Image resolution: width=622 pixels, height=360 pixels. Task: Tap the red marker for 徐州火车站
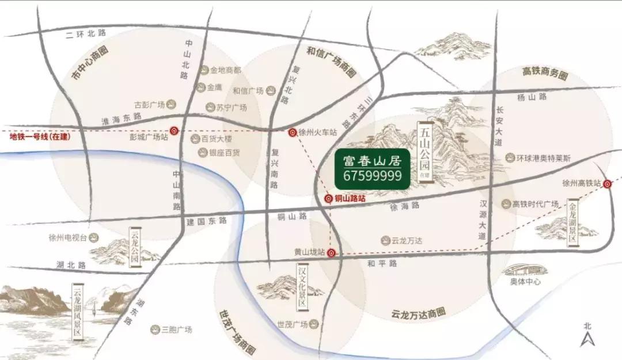pos(293,132)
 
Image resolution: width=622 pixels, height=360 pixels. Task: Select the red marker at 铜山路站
pos(328,199)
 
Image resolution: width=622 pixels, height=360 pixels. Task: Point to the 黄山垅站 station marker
pos(331,253)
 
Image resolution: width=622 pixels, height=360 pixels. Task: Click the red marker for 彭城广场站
pos(174,130)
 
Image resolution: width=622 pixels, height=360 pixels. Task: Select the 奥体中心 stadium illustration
pos(524,270)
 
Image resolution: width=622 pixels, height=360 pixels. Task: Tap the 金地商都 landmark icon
pos(205,70)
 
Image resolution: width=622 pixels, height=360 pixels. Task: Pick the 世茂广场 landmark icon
pos(314,324)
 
